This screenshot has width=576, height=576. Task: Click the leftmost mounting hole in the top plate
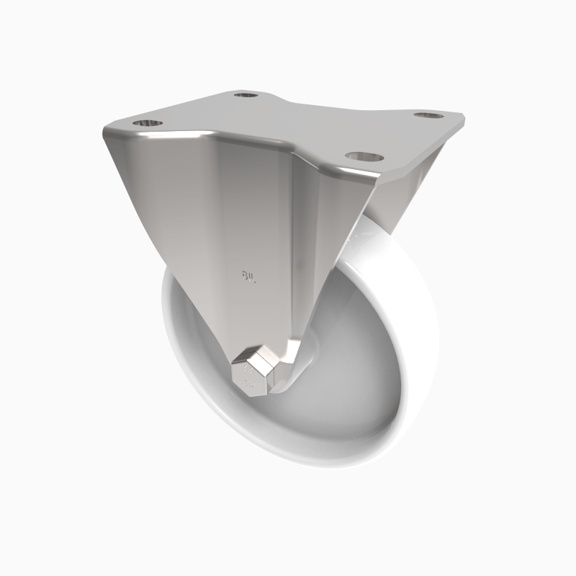146,122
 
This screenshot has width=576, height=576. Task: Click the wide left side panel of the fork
180,216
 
